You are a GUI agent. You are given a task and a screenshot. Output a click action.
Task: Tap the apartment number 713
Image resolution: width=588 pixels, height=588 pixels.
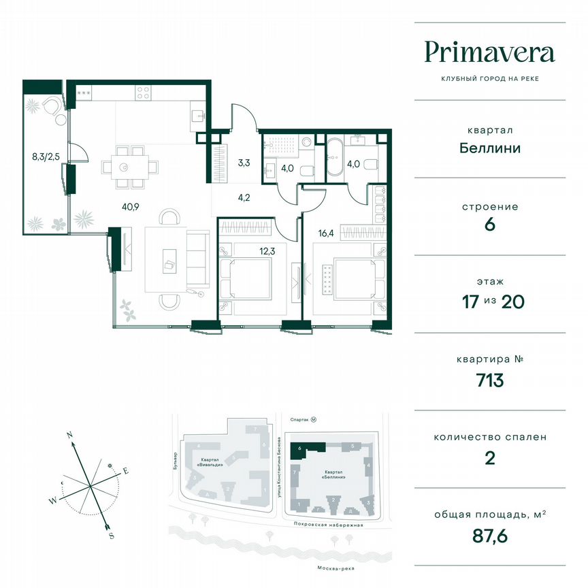[489, 380]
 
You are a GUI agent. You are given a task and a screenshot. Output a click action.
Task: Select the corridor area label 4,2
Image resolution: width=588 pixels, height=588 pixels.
[244, 199]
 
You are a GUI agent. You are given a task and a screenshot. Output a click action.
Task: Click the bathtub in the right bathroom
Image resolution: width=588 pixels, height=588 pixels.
[337, 158]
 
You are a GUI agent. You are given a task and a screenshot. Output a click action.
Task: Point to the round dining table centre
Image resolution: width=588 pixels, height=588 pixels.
[124, 167]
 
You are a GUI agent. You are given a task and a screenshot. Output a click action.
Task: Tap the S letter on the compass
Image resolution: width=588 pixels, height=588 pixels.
[111, 535]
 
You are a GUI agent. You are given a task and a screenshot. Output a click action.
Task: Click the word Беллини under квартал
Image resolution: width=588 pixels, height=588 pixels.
[489, 148]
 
